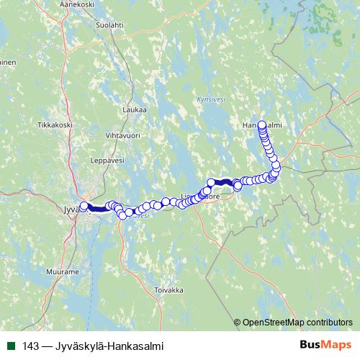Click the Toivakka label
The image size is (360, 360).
click(169, 290)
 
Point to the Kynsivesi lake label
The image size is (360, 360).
click(210, 99)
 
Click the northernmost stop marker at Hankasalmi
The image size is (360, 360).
click(261, 124)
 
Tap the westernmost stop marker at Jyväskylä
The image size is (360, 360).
click(84, 206)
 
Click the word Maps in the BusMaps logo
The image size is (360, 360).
click(336, 346)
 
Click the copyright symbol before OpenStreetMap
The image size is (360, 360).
click(237, 323)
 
